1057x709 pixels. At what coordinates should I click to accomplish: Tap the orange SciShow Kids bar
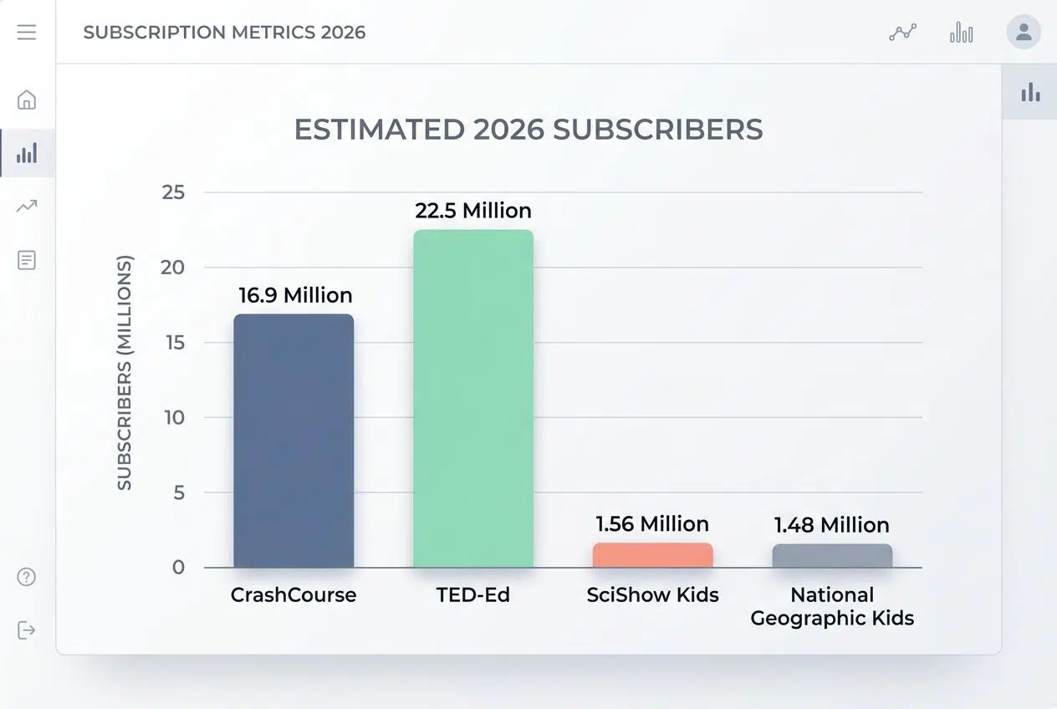652,555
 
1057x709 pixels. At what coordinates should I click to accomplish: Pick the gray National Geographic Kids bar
832,556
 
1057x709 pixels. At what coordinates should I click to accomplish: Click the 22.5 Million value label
473,210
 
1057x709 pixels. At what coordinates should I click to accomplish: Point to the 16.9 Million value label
295,295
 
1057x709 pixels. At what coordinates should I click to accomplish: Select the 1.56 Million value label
652,524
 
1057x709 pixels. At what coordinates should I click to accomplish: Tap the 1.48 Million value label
831,525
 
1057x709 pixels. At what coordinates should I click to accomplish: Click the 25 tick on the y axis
173,192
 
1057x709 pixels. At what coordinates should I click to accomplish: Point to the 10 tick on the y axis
173,417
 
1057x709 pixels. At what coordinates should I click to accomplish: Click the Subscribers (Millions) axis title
125,373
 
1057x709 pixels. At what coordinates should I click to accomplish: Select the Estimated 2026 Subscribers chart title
528,130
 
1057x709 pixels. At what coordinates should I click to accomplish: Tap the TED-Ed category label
473,595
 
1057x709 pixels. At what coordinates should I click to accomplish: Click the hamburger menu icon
27,33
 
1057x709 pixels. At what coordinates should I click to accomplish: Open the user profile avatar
1023,33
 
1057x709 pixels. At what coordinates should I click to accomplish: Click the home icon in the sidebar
27,99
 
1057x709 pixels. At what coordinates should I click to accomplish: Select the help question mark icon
27,577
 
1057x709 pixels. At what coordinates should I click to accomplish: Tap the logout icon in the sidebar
27,630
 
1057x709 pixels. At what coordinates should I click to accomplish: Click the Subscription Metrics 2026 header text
224,33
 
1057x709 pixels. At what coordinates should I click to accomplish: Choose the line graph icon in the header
902,33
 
